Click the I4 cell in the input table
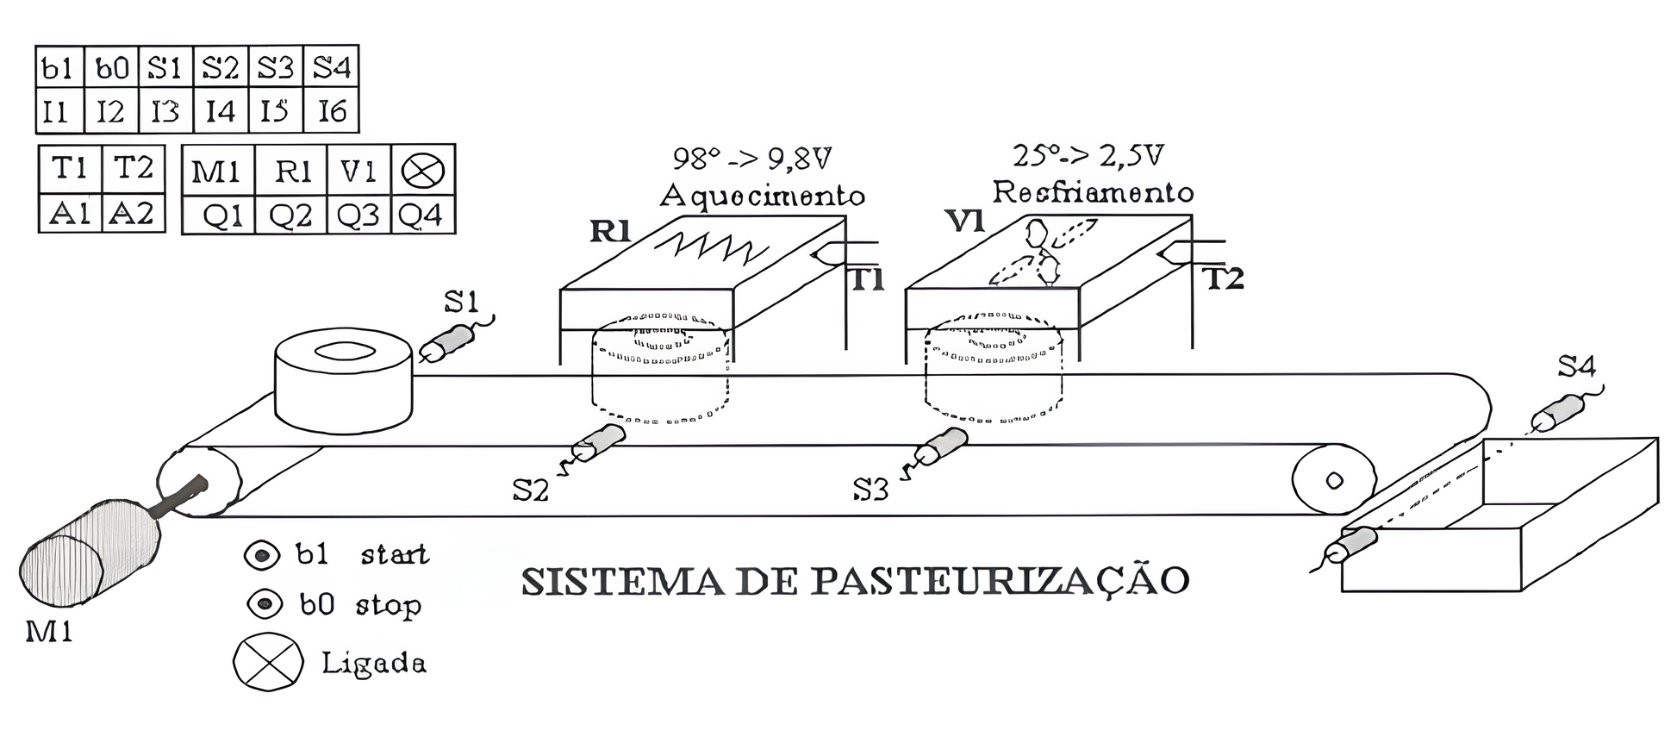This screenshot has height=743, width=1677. pyautogui.click(x=221, y=111)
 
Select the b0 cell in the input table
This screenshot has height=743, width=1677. pyautogui.click(x=111, y=67)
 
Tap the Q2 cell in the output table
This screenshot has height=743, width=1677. pyautogui.click(x=291, y=215)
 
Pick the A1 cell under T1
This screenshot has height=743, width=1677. pyautogui.click(x=70, y=213)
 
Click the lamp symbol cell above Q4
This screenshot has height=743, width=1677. pyautogui.click(x=423, y=170)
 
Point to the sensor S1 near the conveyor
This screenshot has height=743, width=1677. pyautogui.click(x=447, y=342)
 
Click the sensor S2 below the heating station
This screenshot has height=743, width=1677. pyautogui.click(x=599, y=440)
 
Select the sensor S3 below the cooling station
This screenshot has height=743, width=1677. pyautogui.click(x=941, y=446)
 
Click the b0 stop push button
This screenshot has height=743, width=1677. pyautogui.click(x=265, y=603)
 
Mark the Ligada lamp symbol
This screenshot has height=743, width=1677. pyautogui.click(x=268, y=662)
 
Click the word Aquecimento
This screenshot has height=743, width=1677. pyautogui.click(x=762, y=197)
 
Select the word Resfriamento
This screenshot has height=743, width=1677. pyautogui.click(x=1093, y=191)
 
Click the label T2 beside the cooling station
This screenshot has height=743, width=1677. pyautogui.click(x=1223, y=278)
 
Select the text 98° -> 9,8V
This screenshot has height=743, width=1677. pyautogui.click(x=751, y=159)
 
